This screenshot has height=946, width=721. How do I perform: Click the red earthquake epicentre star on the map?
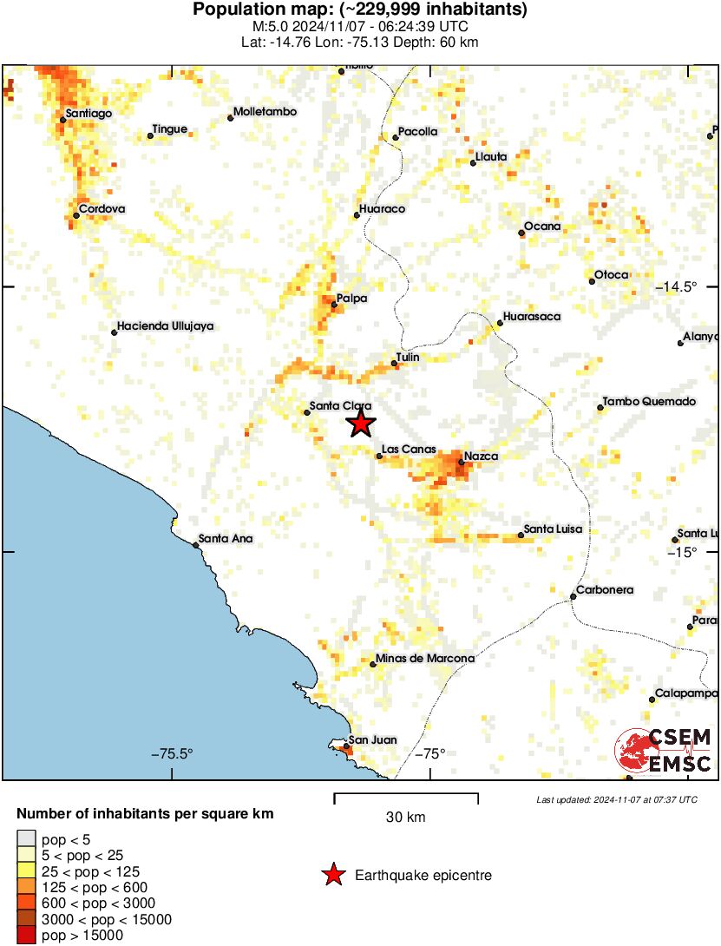click(x=361, y=424)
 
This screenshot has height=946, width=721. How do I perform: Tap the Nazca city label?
click(x=481, y=456)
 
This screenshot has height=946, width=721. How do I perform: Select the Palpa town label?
click(x=351, y=299)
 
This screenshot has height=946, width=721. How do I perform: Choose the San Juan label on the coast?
click(x=372, y=740)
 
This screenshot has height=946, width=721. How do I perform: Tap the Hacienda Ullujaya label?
click(x=165, y=326)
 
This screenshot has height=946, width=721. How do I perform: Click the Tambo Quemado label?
click(x=650, y=402)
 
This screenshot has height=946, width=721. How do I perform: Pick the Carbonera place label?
click(x=606, y=590)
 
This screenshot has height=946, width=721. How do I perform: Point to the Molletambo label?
click(x=265, y=112)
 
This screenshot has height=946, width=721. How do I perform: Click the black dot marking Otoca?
click(x=592, y=281)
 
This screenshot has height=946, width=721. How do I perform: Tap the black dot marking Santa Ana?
click(x=195, y=545)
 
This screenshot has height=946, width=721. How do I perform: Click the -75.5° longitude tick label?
click(x=172, y=753)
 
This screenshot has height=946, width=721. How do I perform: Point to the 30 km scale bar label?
click(x=405, y=817)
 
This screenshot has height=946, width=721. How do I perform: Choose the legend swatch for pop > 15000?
click(x=27, y=936)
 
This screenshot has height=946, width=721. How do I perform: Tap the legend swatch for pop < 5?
click(x=27, y=838)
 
